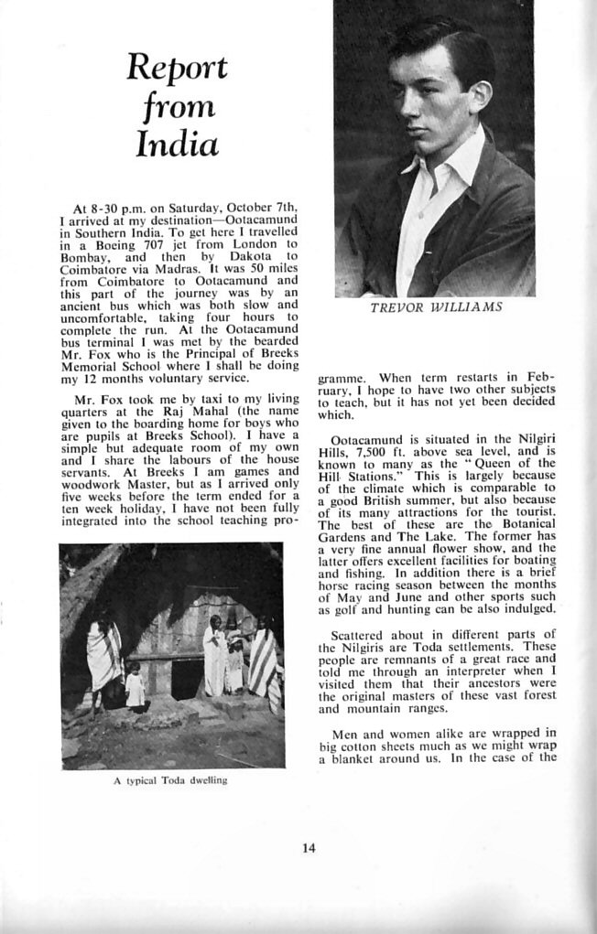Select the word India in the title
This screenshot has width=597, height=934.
click(177, 145)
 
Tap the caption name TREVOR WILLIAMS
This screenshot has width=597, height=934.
click(436, 307)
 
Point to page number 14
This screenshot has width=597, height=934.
click(309, 847)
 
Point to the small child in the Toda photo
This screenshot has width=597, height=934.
click(135, 687)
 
